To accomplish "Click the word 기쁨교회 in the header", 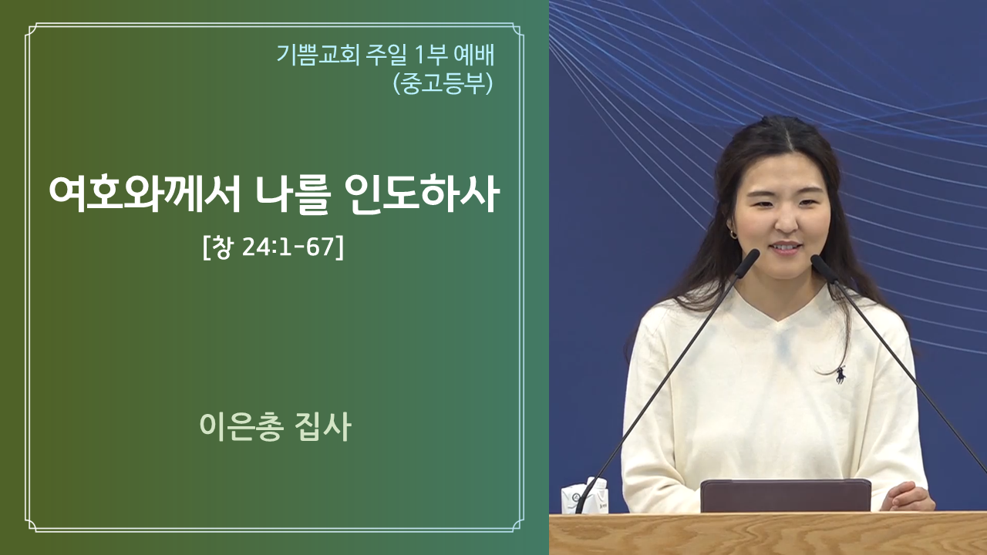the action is [x=318, y=55].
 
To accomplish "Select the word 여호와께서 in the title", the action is [x=145, y=195].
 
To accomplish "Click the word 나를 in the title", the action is [x=292, y=195].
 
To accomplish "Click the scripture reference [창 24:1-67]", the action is [x=273, y=247].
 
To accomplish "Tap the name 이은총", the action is [x=240, y=426].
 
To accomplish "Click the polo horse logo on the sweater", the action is [x=840, y=375].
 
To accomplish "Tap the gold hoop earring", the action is [x=733, y=234].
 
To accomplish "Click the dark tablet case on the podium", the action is [x=785, y=496].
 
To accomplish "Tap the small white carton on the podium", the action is [x=584, y=496].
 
